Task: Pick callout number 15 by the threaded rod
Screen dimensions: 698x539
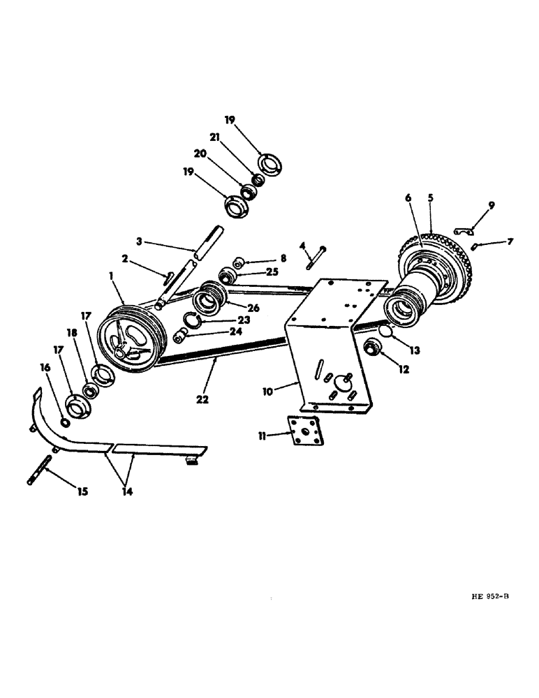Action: point(82,492)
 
